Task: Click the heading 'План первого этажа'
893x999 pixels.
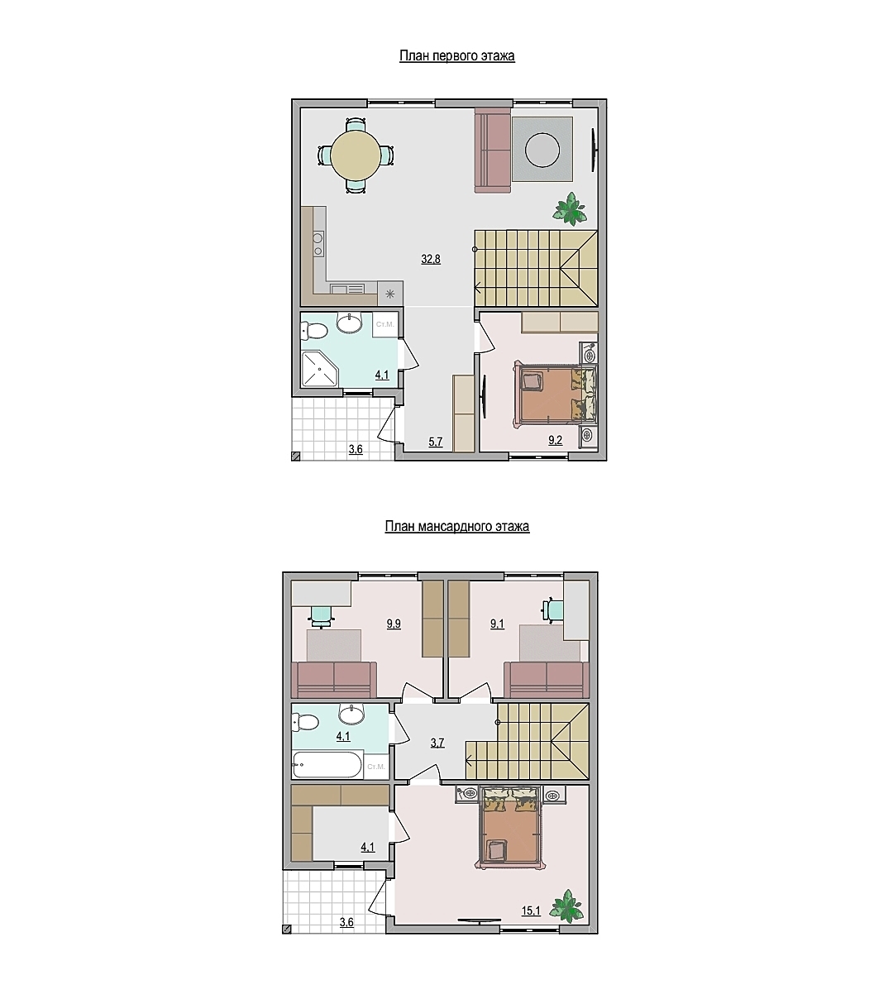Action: (x=456, y=55)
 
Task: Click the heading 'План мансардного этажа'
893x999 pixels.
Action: (x=456, y=527)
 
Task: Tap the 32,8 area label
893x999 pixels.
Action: (x=431, y=259)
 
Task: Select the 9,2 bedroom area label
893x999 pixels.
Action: (x=555, y=440)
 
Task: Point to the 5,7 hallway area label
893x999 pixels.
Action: (x=436, y=442)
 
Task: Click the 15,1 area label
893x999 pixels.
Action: (x=531, y=911)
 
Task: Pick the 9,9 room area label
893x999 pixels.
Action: (x=394, y=624)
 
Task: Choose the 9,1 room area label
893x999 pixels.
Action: (x=497, y=624)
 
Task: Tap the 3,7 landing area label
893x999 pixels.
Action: (x=437, y=743)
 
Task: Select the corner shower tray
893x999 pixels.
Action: (x=319, y=369)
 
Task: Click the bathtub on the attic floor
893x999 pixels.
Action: (x=327, y=765)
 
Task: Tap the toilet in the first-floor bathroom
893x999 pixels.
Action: (x=313, y=331)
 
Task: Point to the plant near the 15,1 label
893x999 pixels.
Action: (x=566, y=906)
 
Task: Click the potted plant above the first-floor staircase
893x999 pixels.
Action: (x=571, y=208)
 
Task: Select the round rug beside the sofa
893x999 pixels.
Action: (x=542, y=150)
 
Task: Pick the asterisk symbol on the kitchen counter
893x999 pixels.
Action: (x=390, y=294)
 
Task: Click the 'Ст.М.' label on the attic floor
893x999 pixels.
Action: (x=376, y=767)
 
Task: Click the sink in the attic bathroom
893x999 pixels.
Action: (x=351, y=712)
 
